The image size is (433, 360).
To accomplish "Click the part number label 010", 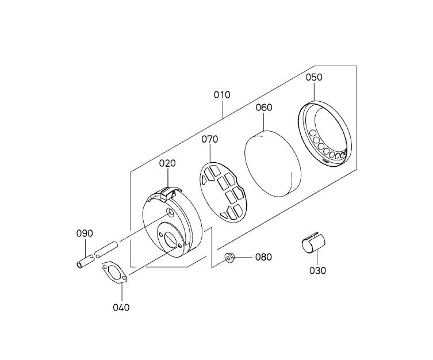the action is [x=222, y=95].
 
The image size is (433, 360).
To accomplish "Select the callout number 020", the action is [x=167, y=163].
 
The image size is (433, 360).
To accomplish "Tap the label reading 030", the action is [x=317, y=270].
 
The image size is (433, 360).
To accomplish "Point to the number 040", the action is [x=121, y=307].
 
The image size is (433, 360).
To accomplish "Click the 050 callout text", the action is [x=314, y=77].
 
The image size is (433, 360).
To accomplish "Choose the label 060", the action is [x=264, y=108].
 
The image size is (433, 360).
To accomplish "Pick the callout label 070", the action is [x=209, y=139].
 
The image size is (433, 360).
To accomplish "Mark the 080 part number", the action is [x=263, y=257].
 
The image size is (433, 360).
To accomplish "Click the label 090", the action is [x=85, y=233].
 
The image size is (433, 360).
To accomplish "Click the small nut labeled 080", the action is [x=229, y=258].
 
